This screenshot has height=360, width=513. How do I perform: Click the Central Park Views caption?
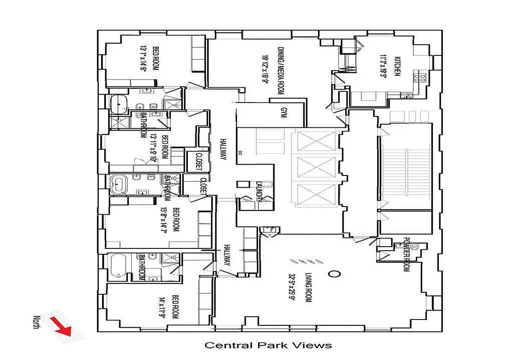click(x=268, y=345)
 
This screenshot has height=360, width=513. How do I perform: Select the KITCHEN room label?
click(x=397, y=66)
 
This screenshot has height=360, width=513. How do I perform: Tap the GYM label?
click(x=283, y=112)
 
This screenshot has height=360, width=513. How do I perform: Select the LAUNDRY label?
click(x=259, y=192)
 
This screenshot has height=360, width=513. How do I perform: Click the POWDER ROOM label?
click(x=407, y=254)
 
